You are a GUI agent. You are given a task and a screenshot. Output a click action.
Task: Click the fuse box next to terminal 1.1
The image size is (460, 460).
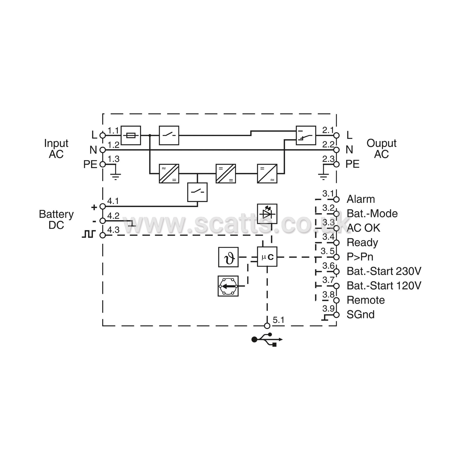(131, 136)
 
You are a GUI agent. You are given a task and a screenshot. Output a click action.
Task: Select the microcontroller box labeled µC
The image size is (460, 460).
(267, 257)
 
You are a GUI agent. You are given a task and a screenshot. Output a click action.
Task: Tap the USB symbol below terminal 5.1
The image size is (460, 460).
(267, 340)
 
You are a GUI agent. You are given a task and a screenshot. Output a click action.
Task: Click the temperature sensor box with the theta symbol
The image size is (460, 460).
(228, 257)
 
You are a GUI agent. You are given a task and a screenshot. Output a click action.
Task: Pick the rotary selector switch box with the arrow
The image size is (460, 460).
(228, 286)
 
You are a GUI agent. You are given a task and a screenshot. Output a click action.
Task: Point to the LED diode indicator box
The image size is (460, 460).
(267, 214)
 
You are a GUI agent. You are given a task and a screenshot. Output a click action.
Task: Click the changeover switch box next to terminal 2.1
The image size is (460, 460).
(306, 136)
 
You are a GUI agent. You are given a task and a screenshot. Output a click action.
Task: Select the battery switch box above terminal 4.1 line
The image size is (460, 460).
(197, 192)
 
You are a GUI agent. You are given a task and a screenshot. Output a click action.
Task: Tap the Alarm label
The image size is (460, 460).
(361, 199)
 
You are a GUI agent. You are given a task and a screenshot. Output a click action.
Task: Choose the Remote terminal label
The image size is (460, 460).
(366, 300)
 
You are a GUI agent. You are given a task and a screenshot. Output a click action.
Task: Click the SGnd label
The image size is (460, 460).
(361, 315)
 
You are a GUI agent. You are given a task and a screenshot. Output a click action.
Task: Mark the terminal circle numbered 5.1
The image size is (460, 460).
(267, 326)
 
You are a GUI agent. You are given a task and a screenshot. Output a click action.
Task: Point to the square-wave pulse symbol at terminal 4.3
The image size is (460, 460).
(88, 234)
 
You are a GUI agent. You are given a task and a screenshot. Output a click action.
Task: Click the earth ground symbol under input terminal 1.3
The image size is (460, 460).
(115, 177)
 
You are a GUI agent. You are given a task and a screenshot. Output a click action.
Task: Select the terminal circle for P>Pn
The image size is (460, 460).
(336, 257)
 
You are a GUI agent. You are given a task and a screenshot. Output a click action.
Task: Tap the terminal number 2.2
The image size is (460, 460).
(328, 145)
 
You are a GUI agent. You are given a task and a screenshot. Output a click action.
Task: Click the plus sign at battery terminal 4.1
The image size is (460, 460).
(94, 207)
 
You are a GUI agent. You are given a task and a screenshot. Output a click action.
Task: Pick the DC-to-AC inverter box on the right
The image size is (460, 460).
(267, 174)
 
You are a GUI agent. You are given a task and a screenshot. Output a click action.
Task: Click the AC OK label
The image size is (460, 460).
(363, 228)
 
